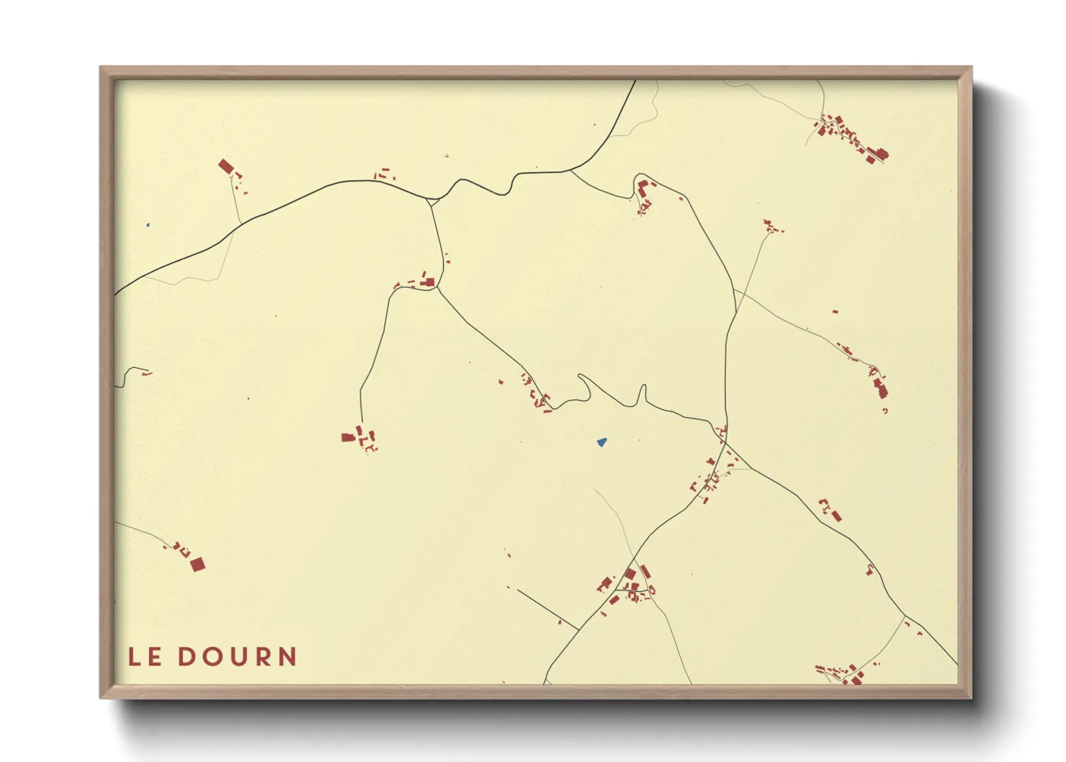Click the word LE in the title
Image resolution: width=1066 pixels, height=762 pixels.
tap(144, 657)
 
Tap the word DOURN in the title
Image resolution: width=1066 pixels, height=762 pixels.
tap(237, 657)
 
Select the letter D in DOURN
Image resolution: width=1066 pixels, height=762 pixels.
tap(187, 657)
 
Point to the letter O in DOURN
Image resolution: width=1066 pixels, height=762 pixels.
tap(212, 657)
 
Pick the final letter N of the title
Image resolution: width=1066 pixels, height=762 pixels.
tap(288, 657)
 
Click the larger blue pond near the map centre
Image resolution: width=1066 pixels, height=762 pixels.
tap(601, 442)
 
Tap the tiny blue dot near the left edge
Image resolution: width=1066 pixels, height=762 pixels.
tap(148, 225)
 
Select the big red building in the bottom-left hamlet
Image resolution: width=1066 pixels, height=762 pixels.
tap(197, 565)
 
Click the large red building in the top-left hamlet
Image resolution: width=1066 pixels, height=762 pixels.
tap(226, 167)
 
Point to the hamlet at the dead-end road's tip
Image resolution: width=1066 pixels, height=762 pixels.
tap(360, 438)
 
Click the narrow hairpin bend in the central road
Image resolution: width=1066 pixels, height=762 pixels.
tap(641, 395)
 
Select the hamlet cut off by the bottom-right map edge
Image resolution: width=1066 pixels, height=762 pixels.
tap(839, 675)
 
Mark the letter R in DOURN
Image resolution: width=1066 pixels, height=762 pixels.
tap(263, 657)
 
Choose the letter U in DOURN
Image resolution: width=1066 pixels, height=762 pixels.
tap(238, 657)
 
